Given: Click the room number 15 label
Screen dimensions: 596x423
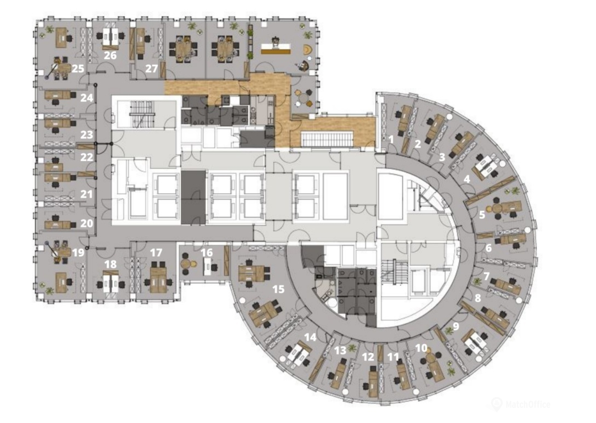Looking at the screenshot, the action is tap(278, 289).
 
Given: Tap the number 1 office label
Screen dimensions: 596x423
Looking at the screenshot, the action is tap(391, 139).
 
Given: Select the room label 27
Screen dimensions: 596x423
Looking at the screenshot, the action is tap(151, 69).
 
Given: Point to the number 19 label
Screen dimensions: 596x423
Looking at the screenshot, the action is tap(78, 253).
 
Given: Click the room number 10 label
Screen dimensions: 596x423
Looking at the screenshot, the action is tap(421, 348).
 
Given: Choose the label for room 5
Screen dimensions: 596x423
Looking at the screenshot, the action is tap(482, 215).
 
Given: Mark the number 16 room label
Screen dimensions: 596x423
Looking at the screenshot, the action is tap(207, 253).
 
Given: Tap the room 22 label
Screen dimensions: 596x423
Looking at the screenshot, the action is tap(87, 157).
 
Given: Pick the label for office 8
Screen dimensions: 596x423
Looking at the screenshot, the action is tap(478, 298).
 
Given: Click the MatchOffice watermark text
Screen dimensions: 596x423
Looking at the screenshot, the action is tap(528, 404).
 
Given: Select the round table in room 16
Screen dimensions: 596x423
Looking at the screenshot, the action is tap(185, 264).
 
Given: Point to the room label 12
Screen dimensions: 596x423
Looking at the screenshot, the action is tap(368, 357).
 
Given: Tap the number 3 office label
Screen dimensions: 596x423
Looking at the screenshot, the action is tap(442, 157).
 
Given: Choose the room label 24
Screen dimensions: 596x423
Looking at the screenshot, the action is tap(87, 98).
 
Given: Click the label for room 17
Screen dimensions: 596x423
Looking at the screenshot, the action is tap(156, 253).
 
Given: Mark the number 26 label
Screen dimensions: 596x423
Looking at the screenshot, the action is tap(110, 55).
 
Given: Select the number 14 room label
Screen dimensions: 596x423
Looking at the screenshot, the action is tap(310, 337).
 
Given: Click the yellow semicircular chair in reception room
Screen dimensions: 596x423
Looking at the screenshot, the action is tap(308, 49).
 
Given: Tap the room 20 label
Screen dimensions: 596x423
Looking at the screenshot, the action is tap(87, 223).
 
